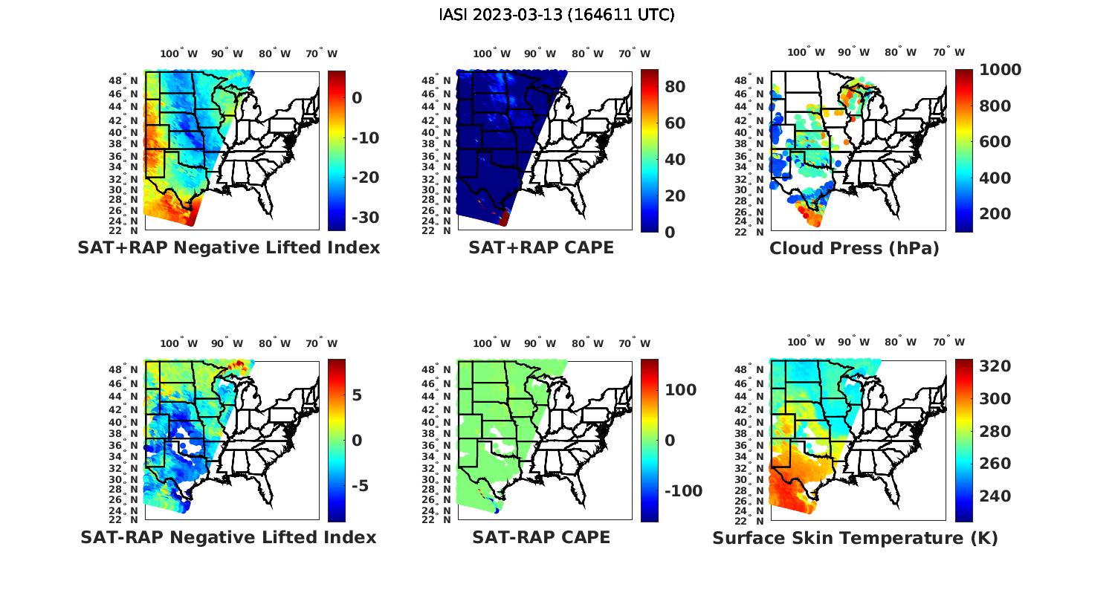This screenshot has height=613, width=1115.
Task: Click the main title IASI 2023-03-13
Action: coord(557,14)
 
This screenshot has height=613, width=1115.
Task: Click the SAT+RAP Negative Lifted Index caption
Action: coord(228,247)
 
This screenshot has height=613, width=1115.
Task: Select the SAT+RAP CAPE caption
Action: coord(541,247)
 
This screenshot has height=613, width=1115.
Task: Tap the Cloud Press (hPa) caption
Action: coord(854,248)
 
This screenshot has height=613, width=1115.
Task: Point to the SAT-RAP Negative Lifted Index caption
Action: coord(228,537)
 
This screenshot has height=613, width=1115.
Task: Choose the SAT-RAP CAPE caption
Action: coord(541,537)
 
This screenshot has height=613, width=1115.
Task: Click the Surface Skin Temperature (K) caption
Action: coord(855,538)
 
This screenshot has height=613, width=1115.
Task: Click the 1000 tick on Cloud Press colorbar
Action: coord(1000,70)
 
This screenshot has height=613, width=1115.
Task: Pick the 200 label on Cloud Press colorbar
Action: coord(995,214)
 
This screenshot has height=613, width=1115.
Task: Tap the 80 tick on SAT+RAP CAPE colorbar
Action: coord(675,87)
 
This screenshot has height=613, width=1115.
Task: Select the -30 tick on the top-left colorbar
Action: coord(365,218)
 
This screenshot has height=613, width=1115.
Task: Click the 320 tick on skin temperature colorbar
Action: coord(995,366)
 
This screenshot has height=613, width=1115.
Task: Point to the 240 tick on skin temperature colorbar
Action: coord(995,496)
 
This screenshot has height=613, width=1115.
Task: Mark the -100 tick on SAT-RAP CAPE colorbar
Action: coord(682,491)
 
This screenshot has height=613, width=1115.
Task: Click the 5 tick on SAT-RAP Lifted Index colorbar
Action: coord(357,395)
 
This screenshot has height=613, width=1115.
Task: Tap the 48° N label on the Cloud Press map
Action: coord(756,80)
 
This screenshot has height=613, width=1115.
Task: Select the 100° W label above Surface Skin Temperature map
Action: coord(806,343)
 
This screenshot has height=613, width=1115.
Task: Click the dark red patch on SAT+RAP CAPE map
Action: coord(504,218)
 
